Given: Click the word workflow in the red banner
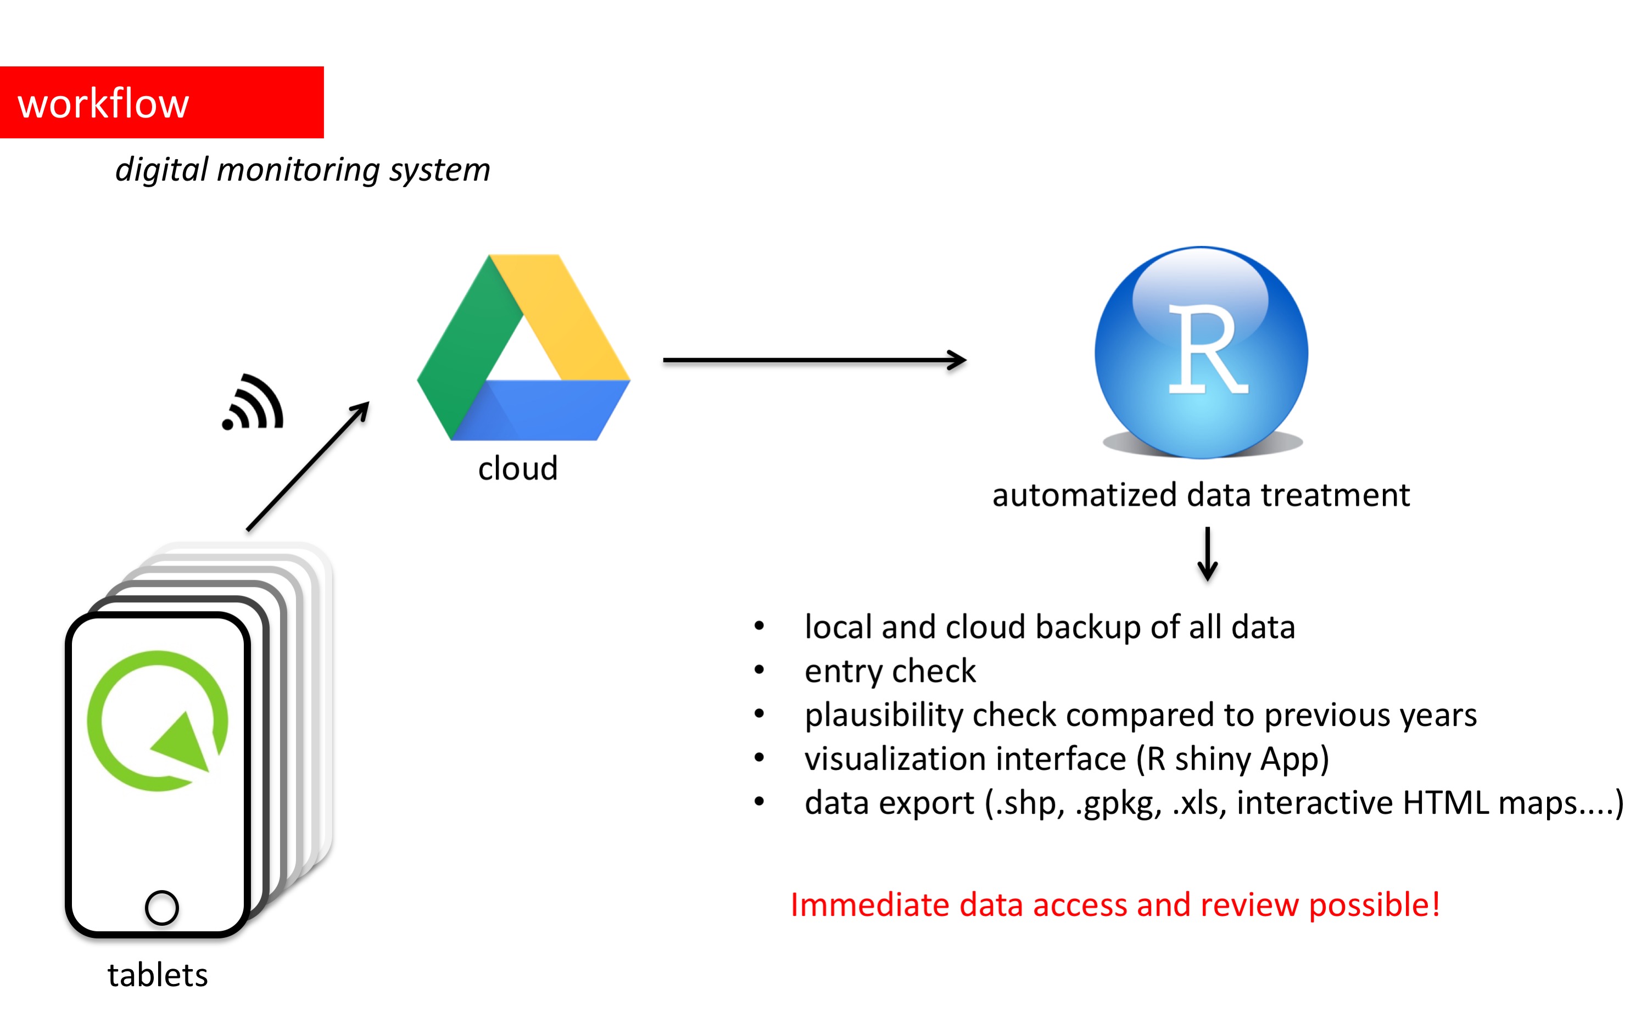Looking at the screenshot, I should [103, 104].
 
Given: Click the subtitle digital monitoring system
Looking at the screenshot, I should [302, 170].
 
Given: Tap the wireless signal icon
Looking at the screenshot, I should [253, 404].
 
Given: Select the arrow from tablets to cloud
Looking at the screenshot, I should [308, 466].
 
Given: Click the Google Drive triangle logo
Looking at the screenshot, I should [523, 348].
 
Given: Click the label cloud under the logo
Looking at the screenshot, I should [517, 469].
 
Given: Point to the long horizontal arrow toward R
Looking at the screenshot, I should [813, 360].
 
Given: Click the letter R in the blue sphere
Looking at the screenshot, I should [1206, 350].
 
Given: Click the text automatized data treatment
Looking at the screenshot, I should [1201, 495].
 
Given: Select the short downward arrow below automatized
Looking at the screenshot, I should [1207, 553].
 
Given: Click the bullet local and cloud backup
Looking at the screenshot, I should [1049, 627].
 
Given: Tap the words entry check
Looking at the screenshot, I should [890, 671].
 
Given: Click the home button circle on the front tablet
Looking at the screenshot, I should [162, 907].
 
